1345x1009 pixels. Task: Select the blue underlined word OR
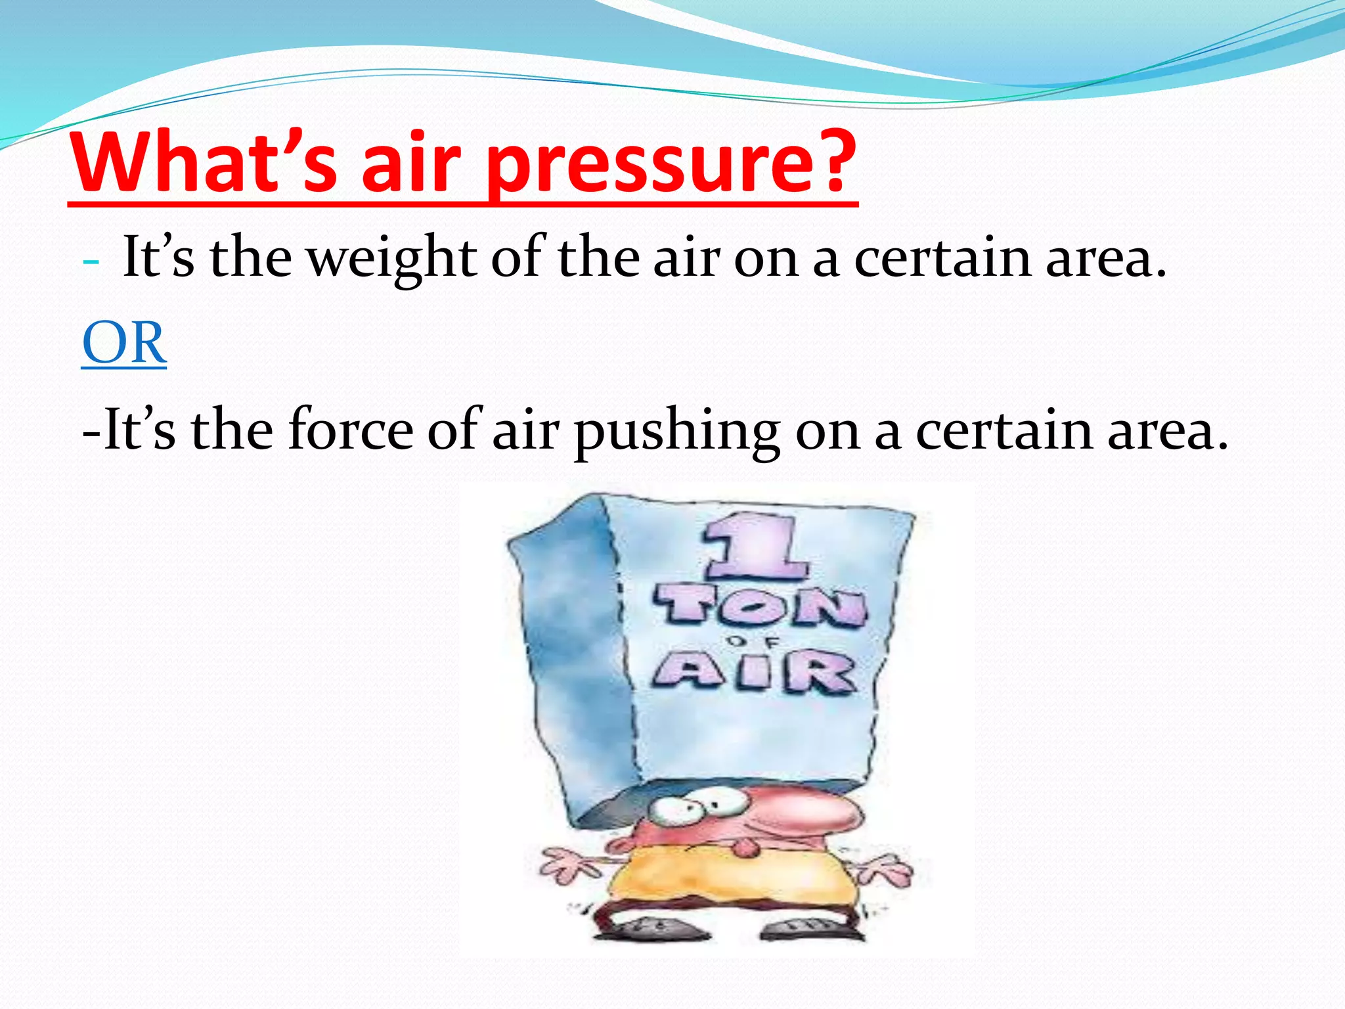(124, 344)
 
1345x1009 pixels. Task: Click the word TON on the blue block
(760, 607)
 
